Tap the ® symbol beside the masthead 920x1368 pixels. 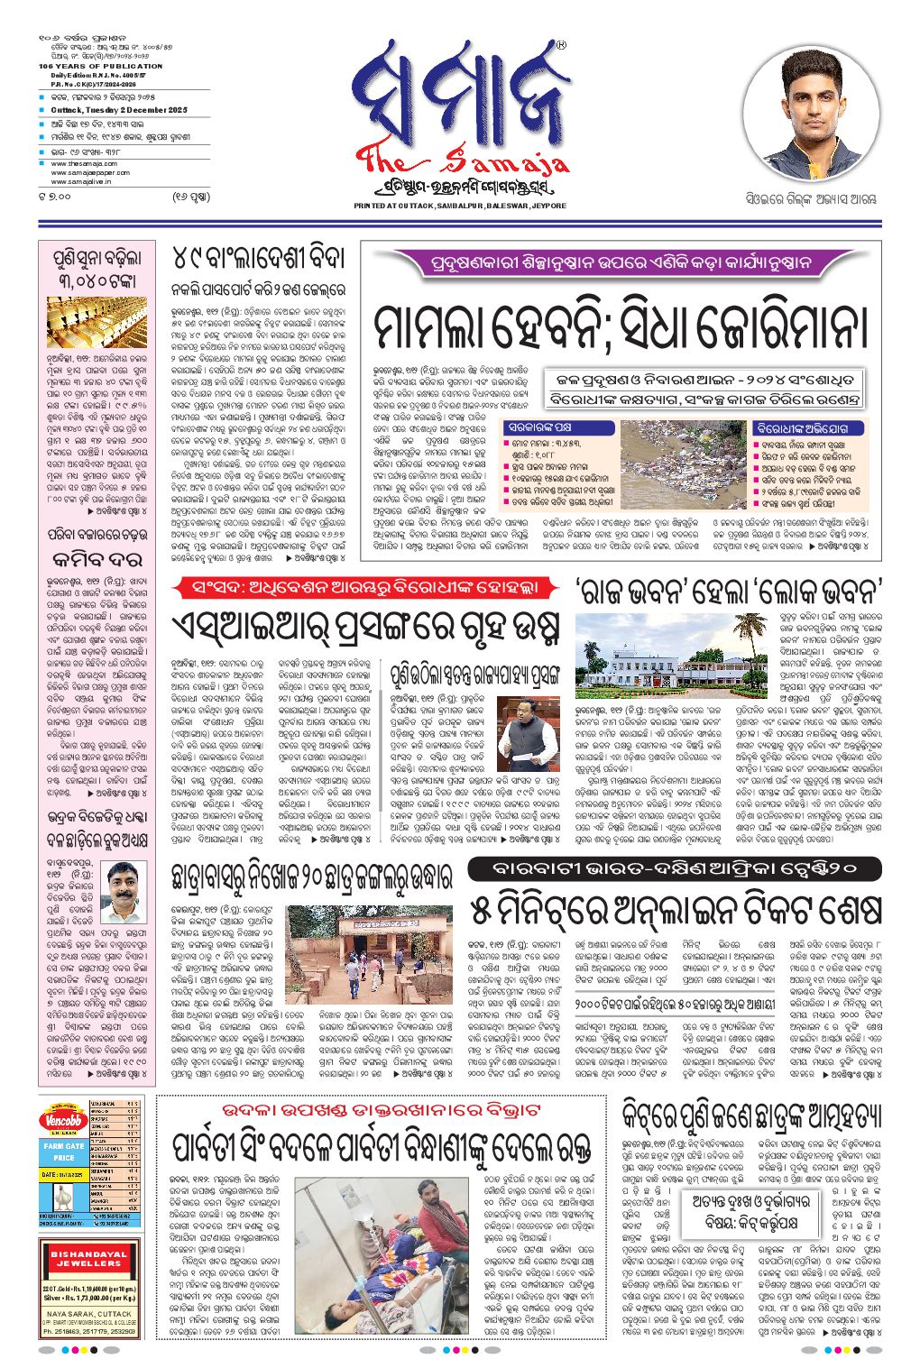(x=561, y=44)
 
